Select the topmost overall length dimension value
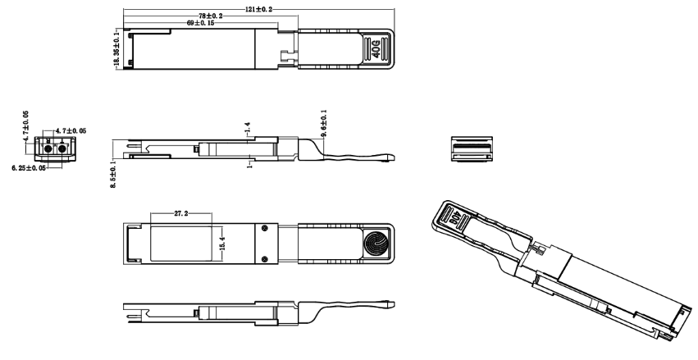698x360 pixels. point(259,9)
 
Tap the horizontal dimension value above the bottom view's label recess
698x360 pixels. point(181,214)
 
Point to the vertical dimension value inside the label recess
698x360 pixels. point(221,244)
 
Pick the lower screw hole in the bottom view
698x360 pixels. point(264,261)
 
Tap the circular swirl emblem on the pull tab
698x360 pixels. point(377,244)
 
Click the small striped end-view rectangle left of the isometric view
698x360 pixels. point(470,149)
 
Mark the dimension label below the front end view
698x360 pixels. point(31,167)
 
